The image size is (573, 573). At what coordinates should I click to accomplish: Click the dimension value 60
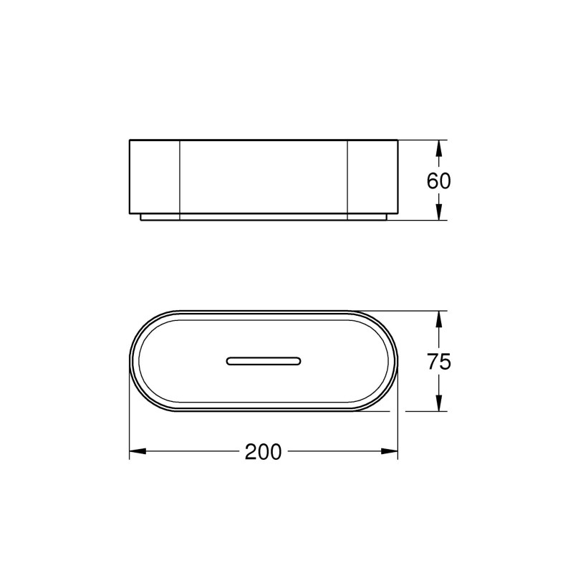coord(438,181)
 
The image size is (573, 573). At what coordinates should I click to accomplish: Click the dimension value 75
coord(439,362)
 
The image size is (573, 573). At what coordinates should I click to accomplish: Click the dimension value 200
coord(263,451)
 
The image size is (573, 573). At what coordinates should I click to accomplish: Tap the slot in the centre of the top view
coord(264,361)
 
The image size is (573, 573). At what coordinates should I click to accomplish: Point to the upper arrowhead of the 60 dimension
coord(439,148)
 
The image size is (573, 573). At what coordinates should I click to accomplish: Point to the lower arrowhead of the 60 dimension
coord(439,212)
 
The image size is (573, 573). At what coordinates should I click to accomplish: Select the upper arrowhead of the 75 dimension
coord(439,319)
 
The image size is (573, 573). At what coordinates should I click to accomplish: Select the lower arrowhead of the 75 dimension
coord(439,403)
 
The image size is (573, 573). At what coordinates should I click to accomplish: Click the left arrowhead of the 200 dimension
coord(138,451)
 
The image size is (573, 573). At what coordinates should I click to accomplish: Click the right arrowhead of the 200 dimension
coord(389,451)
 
